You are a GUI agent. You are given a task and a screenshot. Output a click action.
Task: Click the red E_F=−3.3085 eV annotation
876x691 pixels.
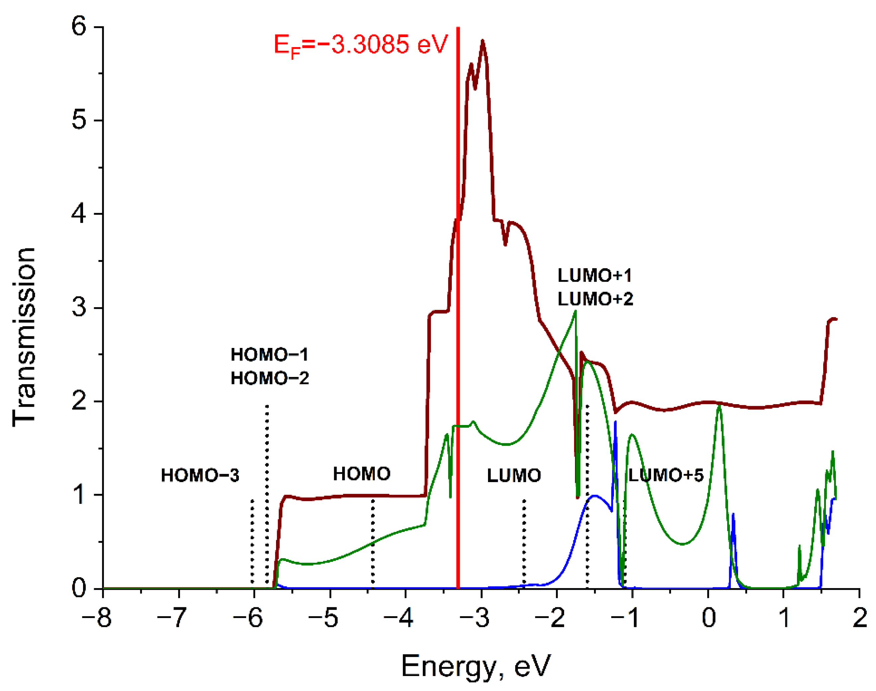pyautogui.click(x=361, y=44)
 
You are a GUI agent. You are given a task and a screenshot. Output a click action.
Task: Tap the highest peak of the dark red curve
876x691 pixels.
pyautogui.click(x=482, y=41)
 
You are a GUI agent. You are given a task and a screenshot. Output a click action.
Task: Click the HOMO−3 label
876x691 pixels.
pyautogui.click(x=200, y=475)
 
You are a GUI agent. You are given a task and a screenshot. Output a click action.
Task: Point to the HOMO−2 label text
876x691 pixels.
pyautogui.click(x=270, y=379)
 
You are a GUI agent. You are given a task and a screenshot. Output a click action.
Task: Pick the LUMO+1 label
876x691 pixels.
pyautogui.click(x=595, y=276)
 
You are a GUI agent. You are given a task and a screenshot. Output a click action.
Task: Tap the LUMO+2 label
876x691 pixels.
pyautogui.click(x=595, y=300)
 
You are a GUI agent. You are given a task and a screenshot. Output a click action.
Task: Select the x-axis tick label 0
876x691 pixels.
pyautogui.click(x=709, y=618)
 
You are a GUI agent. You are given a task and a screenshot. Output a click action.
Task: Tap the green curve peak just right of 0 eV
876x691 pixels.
pyautogui.click(x=719, y=406)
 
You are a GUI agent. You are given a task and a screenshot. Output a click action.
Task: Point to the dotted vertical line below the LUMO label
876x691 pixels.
pyautogui.click(x=524, y=542)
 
